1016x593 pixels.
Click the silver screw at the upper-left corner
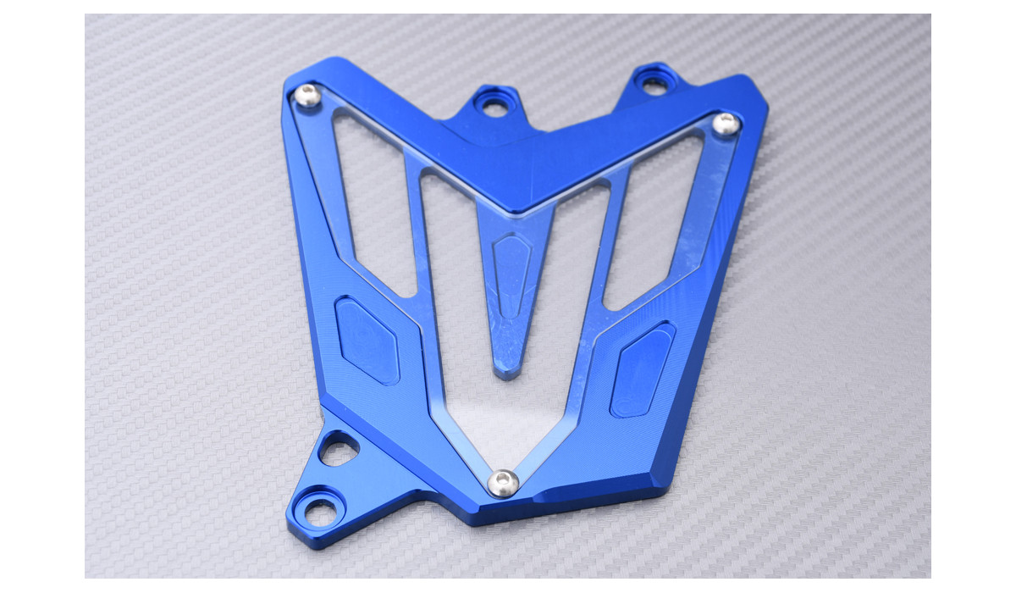point(307,97)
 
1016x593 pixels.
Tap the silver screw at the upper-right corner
point(726,125)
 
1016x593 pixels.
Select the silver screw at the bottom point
point(503,483)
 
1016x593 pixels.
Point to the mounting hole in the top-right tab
point(654,84)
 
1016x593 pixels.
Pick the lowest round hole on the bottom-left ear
point(320,511)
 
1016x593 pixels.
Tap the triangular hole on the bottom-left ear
point(338,449)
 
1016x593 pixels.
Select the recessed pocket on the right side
point(642,369)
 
